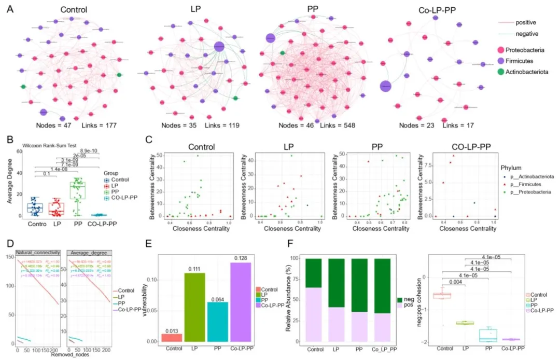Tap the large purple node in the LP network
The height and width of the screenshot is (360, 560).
[x=219, y=47]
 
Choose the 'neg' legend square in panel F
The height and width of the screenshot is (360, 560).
[x=403, y=299]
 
